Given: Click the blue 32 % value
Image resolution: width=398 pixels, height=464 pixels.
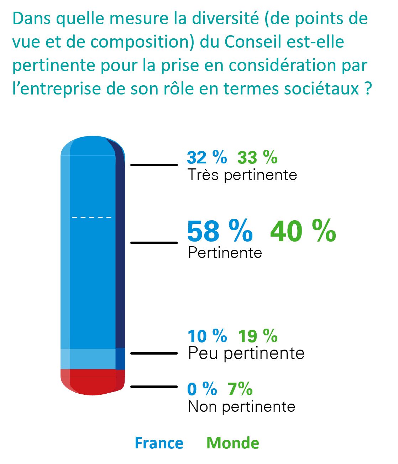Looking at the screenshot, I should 207,157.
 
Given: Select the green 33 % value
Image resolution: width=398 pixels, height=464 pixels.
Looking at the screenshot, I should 257,157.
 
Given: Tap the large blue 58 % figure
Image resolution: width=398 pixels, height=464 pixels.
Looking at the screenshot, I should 220,231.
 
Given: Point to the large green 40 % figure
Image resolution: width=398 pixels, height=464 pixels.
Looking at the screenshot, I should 303,231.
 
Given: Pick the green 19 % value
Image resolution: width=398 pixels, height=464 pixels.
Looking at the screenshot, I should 258,336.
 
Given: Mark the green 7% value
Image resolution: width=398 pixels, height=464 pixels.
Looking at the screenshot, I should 240,389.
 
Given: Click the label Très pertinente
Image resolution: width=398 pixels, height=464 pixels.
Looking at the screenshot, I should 242,175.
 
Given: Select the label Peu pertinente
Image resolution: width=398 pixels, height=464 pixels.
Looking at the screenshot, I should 246,354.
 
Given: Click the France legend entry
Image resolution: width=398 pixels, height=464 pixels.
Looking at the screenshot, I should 159,443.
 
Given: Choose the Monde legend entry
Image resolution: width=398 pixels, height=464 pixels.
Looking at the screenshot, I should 233,443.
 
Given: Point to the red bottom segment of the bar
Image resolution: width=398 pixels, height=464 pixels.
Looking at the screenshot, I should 93,382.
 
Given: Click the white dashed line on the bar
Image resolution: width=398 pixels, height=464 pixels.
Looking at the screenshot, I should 92,217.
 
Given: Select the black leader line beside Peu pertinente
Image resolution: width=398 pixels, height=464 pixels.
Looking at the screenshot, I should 154,353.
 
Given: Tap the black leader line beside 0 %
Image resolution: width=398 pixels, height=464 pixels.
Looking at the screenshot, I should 154,387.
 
